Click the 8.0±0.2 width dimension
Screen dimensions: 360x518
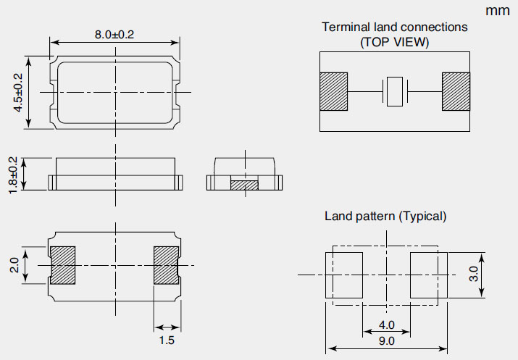(114, 34)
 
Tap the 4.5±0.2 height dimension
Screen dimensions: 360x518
(19, 92)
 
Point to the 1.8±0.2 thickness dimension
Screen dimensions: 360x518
(12, 172)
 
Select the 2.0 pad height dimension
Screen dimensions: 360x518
(14, 264)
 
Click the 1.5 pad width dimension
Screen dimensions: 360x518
(167, 340)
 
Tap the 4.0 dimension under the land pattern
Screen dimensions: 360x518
(386, 325)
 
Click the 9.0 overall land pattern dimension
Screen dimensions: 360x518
(386, 340)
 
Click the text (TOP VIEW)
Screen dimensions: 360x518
(394, 42)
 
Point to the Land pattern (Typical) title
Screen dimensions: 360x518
(385, 216)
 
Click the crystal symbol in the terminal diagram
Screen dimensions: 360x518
(394, 92)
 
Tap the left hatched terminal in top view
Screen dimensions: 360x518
(333, 92)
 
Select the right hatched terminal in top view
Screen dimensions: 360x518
(456, 92)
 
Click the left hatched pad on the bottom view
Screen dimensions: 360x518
(62, 264)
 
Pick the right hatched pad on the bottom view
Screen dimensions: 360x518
(166, 264)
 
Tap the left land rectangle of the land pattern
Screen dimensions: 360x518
(345, 275)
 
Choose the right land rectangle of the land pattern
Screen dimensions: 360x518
(425, 275)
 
